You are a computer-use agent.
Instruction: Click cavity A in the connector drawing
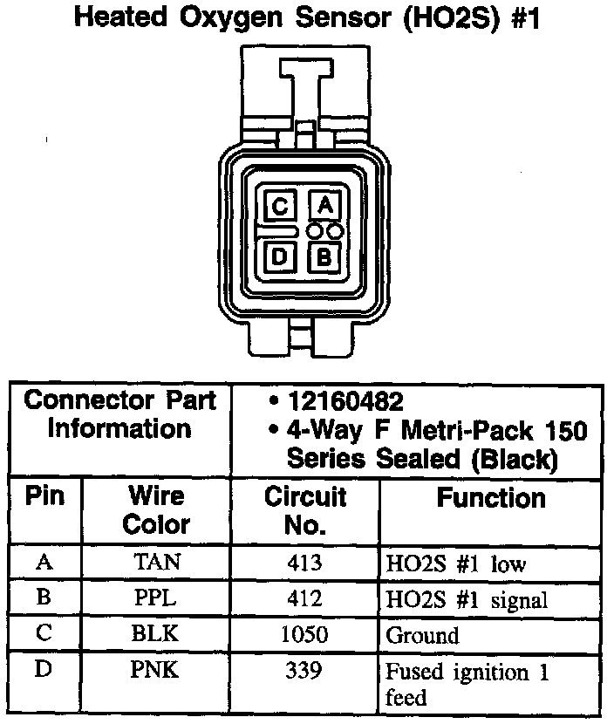324,206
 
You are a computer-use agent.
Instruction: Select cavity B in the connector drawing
324,256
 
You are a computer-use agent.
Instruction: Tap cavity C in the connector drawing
280,207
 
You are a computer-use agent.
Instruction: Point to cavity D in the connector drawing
280,256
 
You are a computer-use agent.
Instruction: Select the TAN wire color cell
157,563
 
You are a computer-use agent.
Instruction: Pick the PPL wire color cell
157,599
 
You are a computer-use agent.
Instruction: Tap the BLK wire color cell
157,635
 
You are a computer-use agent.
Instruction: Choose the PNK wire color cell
157,672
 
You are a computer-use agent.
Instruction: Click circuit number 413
304,563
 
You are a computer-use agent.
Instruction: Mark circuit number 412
304,599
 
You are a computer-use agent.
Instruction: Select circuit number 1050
304,635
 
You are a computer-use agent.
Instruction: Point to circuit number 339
304,672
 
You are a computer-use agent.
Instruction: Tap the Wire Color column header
157,510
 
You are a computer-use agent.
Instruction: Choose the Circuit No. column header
305,511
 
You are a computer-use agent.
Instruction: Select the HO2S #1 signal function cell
467,600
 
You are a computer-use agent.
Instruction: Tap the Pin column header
44,496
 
